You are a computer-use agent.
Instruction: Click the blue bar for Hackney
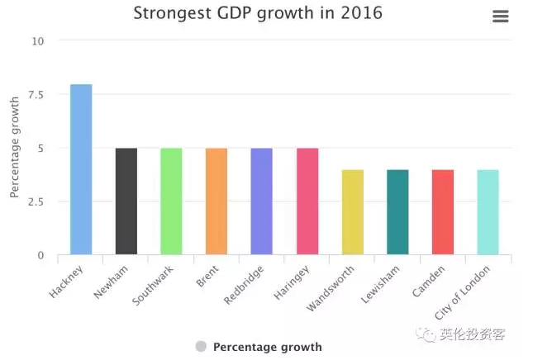pos(81,169)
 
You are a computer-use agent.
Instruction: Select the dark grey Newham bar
pos(126,201)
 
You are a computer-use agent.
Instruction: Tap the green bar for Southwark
pos(171,201)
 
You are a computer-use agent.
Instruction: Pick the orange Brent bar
pos(217,201)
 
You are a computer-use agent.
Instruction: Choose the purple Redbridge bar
pos(262,201)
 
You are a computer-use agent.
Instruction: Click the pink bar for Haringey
pos(307,201)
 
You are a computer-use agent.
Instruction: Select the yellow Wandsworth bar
pos(352,211)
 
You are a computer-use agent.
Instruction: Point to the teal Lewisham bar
pos(397,211)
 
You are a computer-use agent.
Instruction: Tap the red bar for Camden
pos(443,211)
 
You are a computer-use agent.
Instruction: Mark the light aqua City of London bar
pos(488,211)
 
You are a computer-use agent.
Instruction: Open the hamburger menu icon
pos(500,17)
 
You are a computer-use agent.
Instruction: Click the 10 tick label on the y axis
pos(38,40)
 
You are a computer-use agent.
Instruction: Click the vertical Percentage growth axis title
pos(14,148)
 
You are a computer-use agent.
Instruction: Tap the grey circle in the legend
pos(201,347)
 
